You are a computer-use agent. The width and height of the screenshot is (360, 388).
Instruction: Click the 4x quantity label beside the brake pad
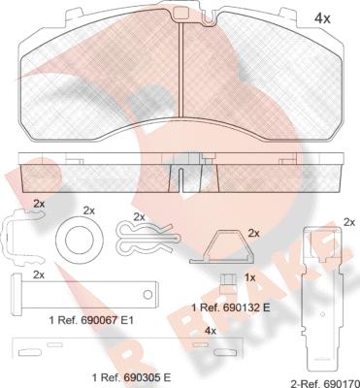tap(322, 19)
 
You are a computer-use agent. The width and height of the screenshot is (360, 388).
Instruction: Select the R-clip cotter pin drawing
tap(148, 238)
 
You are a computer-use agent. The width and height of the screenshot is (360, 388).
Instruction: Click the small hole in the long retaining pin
tap(147, 294)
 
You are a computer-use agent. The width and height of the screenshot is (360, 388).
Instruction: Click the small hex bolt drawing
tap(225, 283)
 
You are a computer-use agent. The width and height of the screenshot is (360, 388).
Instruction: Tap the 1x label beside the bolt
tap(248, 277)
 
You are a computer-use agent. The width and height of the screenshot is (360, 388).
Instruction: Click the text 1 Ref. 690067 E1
tap(91, 320)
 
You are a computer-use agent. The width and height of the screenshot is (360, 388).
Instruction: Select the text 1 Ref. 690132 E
tap(231, 307)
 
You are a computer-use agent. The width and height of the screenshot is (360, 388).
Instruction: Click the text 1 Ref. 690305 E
tap(131, 377)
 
